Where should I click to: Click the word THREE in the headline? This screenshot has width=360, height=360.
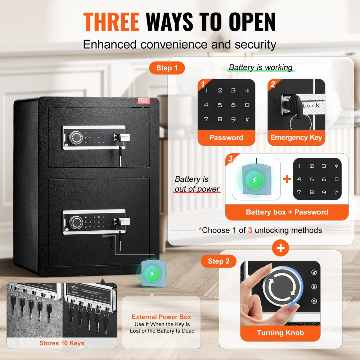pyautogui.click(x=111, y=22)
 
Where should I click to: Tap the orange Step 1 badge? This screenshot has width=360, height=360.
pyautogui.click(x=167, y=68)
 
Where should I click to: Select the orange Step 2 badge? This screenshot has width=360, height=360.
pyautogui.click(x=219, y=261)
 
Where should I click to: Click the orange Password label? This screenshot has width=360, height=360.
pyautogui.click(x=226, y=138)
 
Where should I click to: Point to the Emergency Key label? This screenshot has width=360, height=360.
pyautogui.click(x=296, y=138)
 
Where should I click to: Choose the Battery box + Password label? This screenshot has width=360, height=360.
pyautogui.click(x=287, y=212)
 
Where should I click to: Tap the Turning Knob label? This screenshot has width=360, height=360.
pyautogui.click(x=280, y=333)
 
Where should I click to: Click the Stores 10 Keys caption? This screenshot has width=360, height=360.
pyautogui.click(x=62, y=343)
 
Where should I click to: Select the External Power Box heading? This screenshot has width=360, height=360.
pyautogui.click(x=161, y=317)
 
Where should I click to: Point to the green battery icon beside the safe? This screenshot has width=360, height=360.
pyautogui.click(x=152, y=274)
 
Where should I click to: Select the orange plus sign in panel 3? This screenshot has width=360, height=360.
pyautogui.click(x=287, y=179)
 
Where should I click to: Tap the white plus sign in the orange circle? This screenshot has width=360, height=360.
pyautogui.click(x=280, y=248)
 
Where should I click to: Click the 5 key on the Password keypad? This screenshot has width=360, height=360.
pyautogui.click(x=220, y=105)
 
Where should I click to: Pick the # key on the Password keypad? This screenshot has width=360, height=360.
pyautogui.click(x=247, y=119)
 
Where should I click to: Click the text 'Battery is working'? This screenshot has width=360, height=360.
pyautogui.click(x=261, y=67)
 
